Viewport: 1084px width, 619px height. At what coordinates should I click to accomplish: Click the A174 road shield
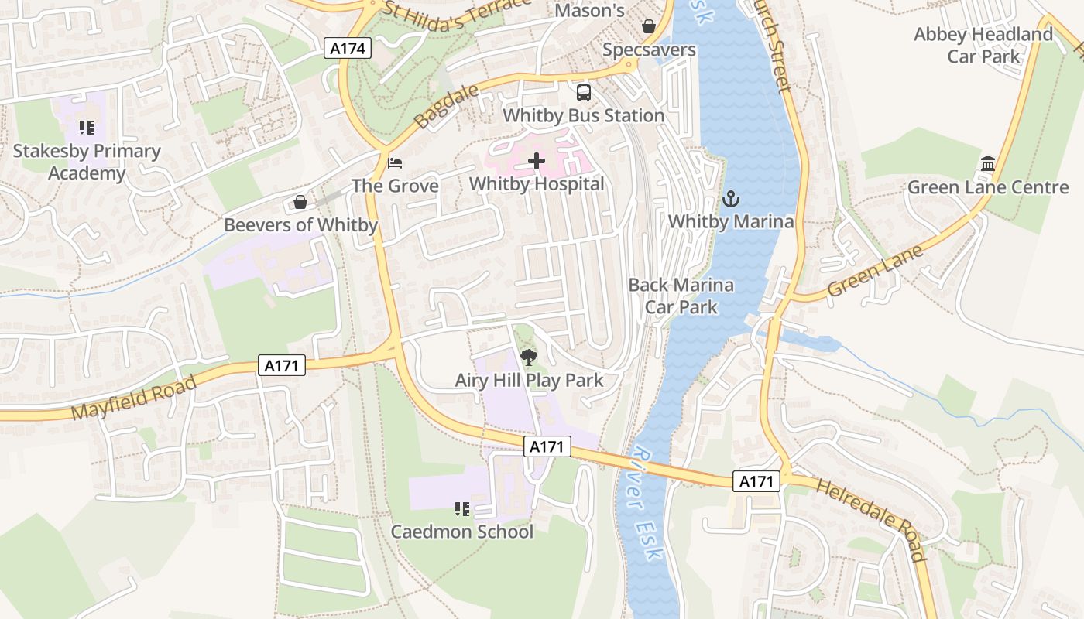coord(348,49)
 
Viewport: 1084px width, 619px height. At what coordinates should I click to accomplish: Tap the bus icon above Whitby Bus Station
coord(584,93)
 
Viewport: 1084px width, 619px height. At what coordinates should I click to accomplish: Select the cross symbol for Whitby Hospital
coord(537,161)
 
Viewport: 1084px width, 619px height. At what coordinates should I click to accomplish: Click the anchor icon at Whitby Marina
coord(730,199)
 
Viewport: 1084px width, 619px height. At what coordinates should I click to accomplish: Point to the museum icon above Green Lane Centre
coord(987,164)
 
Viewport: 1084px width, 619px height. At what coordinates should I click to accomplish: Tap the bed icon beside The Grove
coord(395,163)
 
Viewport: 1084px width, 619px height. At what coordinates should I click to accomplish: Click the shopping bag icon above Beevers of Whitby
coord(300,203)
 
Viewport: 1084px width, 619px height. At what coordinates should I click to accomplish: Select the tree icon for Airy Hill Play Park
coord(529,357)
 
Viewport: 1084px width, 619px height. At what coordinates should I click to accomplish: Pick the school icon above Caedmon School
coord(462,508)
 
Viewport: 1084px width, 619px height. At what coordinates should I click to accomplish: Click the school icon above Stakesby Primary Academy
coord(86,128)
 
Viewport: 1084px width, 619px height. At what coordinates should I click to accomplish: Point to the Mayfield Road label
coord(134,398)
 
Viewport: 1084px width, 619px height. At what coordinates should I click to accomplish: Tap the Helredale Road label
coord(871,519)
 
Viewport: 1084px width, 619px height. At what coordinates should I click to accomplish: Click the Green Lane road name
coord(875,272)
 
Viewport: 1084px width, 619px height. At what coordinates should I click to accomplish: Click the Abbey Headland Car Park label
coord(983,46)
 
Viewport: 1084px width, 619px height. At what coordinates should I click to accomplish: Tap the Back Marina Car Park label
coord(681,296)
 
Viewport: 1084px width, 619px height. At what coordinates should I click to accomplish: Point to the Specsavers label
coord(649,50)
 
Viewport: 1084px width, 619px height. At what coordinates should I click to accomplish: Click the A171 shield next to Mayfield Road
coord(281,365)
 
